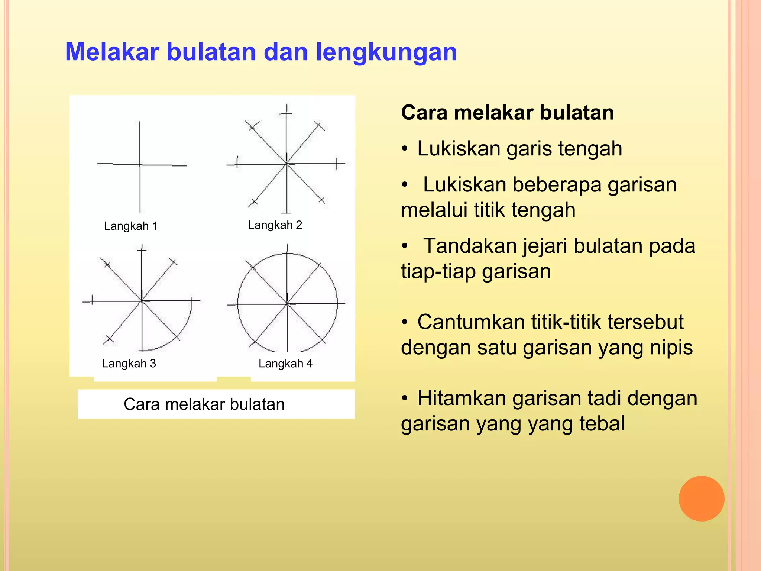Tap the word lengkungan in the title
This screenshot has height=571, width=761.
[x=386, y=52]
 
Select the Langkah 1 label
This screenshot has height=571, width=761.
[x=131, y=226]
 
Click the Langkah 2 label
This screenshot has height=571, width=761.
[x=275, y=225]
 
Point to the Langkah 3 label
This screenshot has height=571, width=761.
[x=129, y=363]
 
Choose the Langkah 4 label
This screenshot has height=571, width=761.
[x=285, y=363]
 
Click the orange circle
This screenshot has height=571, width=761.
[x=701, y=499]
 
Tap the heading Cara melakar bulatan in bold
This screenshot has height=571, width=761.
[x=507, y=112]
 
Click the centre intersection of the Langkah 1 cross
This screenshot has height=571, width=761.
[x=140, y=164]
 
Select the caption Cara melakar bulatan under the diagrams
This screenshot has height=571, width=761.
[x=204, y=404]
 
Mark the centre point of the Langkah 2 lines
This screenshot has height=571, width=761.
[x=286, y=163]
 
